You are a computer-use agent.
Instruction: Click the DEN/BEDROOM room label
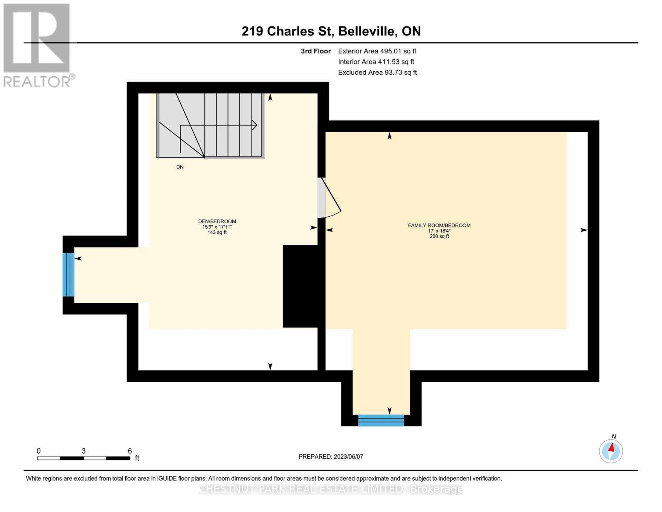(x=217, y=221)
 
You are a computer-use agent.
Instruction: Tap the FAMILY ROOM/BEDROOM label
(x=439, y=225)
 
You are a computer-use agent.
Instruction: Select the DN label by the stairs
(x=180, y=167)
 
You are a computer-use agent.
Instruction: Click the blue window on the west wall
(x=68, y=275)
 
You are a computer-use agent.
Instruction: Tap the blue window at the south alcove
(x=381, y=420)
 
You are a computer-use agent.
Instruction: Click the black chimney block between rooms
(x=301, y=286)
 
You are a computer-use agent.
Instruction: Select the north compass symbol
(x=611, y=451)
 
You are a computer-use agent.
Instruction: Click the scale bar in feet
(x=84, y=458)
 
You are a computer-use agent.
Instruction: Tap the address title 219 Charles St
(x=331, y=31)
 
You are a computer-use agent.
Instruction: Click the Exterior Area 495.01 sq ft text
(x=377, y=51)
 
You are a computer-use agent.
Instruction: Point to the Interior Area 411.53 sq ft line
(x=376, y=62)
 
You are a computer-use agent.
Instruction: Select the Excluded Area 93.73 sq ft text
(x=377, y=73)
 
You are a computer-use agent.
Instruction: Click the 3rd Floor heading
(x=315, y=51)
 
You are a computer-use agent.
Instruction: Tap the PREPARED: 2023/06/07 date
(x=331, y=457)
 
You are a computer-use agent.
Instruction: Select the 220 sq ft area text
(x=439, y=236)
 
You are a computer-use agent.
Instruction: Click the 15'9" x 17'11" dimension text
(x=217, y=227)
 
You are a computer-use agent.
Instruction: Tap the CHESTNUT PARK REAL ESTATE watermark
(x=331, y=489)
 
